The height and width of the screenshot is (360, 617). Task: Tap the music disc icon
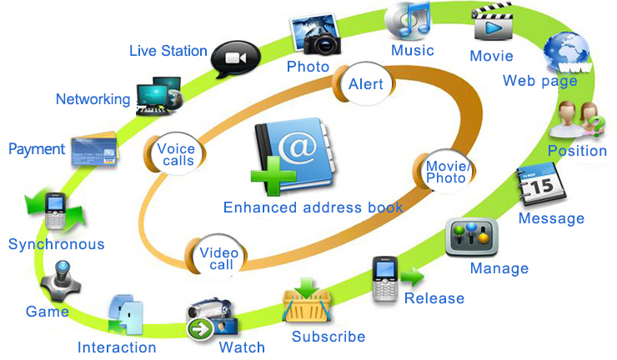(409, 20)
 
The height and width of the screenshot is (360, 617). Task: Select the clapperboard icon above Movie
(492, 23)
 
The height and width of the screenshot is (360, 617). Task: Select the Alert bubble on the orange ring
(364, 84)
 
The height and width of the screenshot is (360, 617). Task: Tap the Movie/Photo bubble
(445, 172)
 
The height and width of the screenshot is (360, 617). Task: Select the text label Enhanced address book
(314, 207)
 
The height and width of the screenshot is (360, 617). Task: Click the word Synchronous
(57, 244)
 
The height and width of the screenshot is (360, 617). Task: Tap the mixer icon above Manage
(473, 237)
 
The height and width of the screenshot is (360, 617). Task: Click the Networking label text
(93, 99)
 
